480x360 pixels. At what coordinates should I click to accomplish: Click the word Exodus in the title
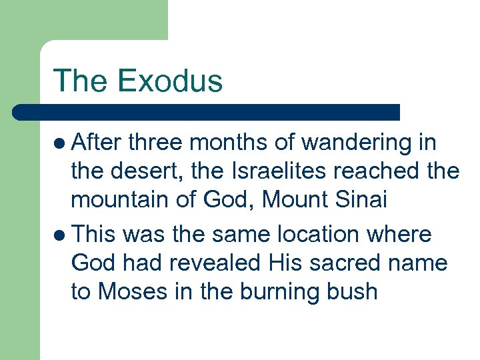click(x=169, y=81)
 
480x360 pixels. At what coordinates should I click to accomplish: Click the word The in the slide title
click(x=80, y=81)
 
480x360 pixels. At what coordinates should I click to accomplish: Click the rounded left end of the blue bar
click(x=18, y=112)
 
